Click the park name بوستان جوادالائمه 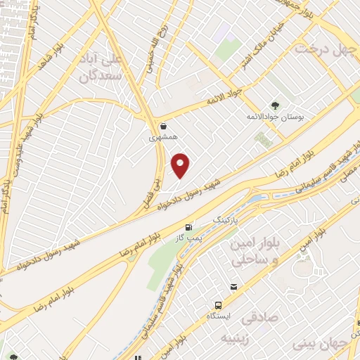click(274, 116)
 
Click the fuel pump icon click(188, 227)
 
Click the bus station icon click(218, 306)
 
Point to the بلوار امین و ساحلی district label click(255, 250)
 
